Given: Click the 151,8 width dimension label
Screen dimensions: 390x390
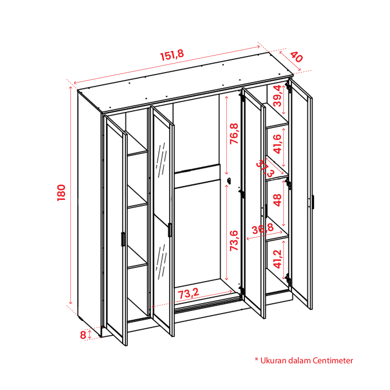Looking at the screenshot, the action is (172, 55).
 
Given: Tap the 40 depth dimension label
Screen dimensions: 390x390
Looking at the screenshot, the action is (297, 57).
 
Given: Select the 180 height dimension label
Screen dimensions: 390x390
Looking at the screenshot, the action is (61, 193).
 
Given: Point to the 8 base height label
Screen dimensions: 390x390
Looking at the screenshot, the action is (83, 335).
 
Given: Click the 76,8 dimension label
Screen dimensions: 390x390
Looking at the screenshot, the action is (234, 133).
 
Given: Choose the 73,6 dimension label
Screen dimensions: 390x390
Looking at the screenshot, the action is (234, 241).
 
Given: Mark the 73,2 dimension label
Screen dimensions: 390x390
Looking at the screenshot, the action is (189, 294).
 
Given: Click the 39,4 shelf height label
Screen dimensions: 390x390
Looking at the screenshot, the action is (277, 96).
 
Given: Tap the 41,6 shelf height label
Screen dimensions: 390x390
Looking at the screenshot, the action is (277, 144).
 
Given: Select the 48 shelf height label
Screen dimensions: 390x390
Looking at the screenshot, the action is (277, 200).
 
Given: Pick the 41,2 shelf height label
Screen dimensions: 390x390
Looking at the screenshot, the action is (277, 259).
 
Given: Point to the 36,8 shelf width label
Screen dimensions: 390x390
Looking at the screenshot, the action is (263, 229).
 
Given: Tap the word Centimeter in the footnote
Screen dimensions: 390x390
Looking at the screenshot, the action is (333, 360).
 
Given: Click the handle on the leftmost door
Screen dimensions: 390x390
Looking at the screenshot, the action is (123, 239).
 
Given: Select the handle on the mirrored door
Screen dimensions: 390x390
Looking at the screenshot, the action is (170, 230).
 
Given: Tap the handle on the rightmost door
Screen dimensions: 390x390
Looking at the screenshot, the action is (313, 202).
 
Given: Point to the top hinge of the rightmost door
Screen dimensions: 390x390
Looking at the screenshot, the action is (288, 87).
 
